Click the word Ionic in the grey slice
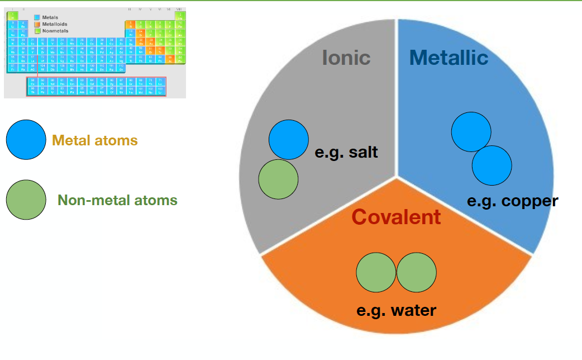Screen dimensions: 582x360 [346, 57]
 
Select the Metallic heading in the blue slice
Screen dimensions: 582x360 [449, 57]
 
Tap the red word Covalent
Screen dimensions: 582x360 [396, 216]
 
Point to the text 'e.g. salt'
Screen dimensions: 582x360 [346, 151]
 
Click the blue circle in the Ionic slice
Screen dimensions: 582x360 [289, 139]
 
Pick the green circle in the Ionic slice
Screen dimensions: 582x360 [278, 179]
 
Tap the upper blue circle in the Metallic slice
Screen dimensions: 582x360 [471, 131]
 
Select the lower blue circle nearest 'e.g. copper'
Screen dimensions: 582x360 [492, 165]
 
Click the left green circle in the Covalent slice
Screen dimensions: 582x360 [376, 272]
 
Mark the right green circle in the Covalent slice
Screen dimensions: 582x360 [417, 272]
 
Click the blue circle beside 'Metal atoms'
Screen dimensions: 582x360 [26, 140]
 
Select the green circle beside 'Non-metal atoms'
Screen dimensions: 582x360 [26, 200]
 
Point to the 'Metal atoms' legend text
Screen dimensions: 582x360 [95, 140]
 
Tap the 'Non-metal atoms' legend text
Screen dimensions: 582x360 [117, 200]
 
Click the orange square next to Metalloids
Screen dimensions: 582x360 [37, 24]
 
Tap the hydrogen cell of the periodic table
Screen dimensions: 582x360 [12, 16]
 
